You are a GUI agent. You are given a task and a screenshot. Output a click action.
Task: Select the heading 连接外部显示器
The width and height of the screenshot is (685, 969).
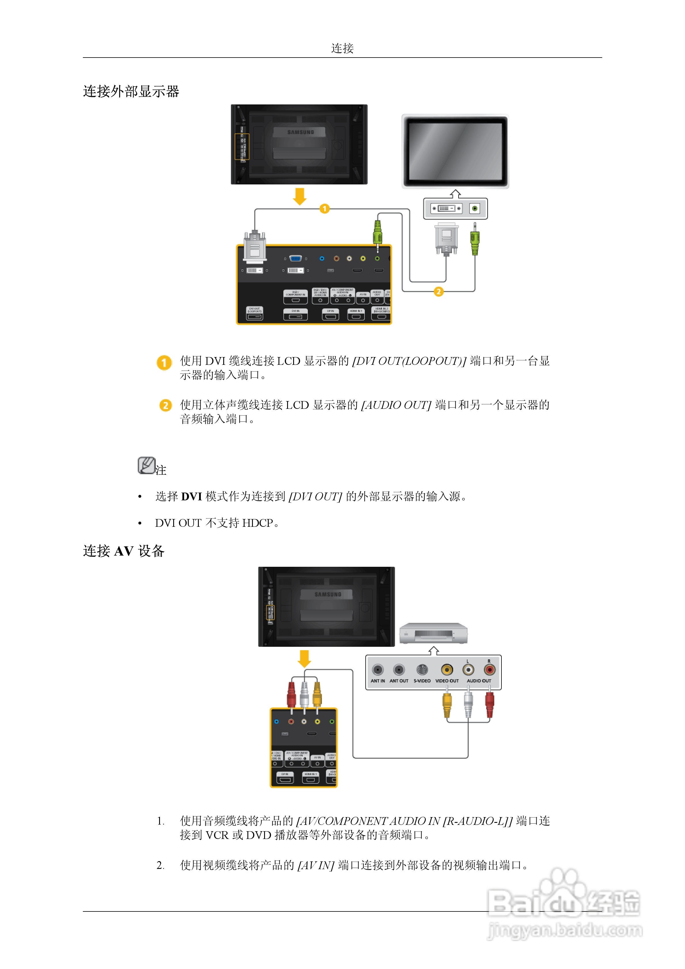click(x=131, y=91)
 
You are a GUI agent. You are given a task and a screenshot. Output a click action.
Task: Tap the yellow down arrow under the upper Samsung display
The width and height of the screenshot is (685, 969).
click(x=300, y=196)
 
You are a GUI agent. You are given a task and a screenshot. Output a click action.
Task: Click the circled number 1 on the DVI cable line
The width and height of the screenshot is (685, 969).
click(x=324, y=209)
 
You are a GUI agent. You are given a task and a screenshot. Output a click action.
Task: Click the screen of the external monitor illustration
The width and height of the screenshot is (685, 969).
click(x=455, y=151)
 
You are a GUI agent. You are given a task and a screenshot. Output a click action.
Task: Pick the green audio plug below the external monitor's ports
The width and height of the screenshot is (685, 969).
click(x=475, y=241)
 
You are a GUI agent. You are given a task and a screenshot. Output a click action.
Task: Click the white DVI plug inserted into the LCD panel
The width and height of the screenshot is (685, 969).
click(x=255, y=247)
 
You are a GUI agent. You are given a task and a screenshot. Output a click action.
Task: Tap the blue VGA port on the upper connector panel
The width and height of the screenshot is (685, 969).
click(x=295, y=258)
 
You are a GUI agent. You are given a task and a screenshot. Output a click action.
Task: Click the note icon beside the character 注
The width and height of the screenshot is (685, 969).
click(x=146, y=466)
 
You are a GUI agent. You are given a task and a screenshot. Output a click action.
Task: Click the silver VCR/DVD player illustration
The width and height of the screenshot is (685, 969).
click(x=434, y=634)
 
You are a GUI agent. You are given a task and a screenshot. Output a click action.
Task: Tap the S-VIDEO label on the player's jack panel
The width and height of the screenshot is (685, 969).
click(x=422, y=681)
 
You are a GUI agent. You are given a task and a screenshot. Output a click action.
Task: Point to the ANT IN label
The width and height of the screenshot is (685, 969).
click(x=377, y=681)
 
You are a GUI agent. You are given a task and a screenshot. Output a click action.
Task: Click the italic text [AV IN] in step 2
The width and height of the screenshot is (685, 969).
click(x=316, y=866)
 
